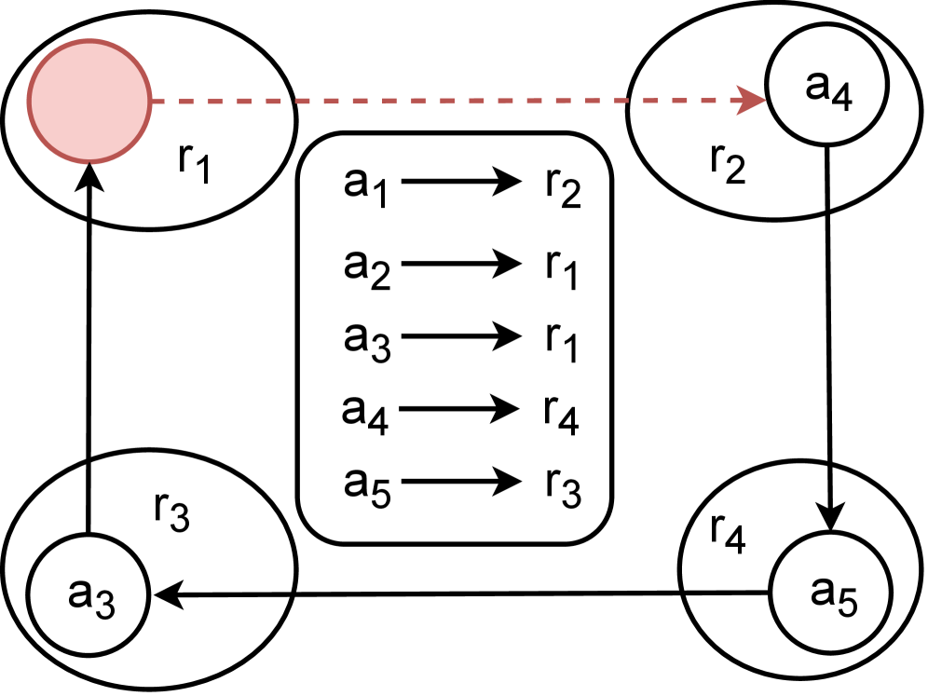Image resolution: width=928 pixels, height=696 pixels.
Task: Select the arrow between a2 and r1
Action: point(461,264)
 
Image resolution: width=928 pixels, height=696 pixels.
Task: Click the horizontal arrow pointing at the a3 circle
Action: point(224,594)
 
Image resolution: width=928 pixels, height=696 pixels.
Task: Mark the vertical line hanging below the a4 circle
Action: point(827,182)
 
